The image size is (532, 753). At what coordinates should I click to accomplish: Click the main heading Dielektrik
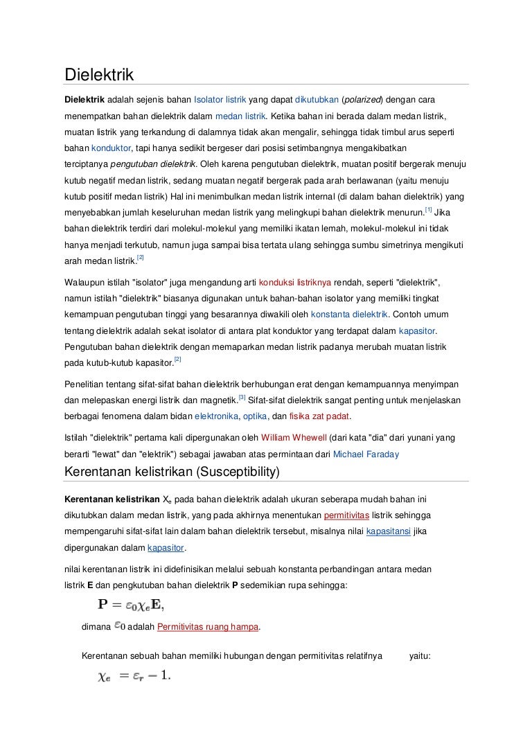pyautogui.click(x=98, y=73)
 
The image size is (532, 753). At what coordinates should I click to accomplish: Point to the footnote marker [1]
pyautogui.click(x=429, y=209)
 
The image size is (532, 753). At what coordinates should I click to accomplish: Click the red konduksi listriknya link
pyautogui.click(x=294, y=283)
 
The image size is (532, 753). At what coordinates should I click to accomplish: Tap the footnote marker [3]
pyautogui.click(x=242, y=397)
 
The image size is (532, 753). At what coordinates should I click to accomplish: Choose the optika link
pyautogui.click(x=256, y=416)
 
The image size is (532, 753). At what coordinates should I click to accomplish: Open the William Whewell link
pyautogui.click(x=293, y=438)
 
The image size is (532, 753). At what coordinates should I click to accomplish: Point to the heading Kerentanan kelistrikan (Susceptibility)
pyautogui.click(x=171, y=472)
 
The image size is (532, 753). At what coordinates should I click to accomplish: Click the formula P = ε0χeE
pyautogui.click(x=131, y=604)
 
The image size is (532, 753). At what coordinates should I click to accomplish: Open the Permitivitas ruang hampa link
pyautogui.click(x=209, y=627)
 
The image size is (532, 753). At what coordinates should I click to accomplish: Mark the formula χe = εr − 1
pyautogui.click(x=134, y=675)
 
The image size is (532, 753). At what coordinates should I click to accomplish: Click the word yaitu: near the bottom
pyautogui.click(x=420, y=655)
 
